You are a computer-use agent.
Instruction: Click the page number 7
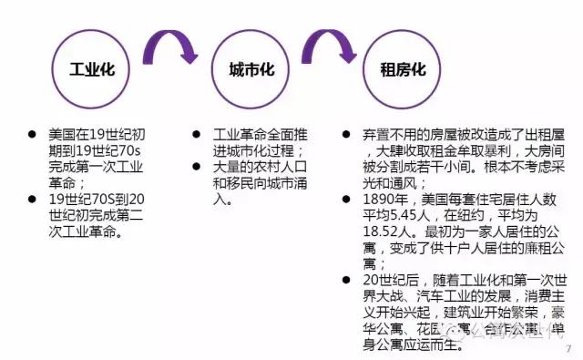[568, 348]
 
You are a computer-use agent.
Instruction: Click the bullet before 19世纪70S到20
[32, 200]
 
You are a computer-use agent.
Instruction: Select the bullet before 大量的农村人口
[196, 166]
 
